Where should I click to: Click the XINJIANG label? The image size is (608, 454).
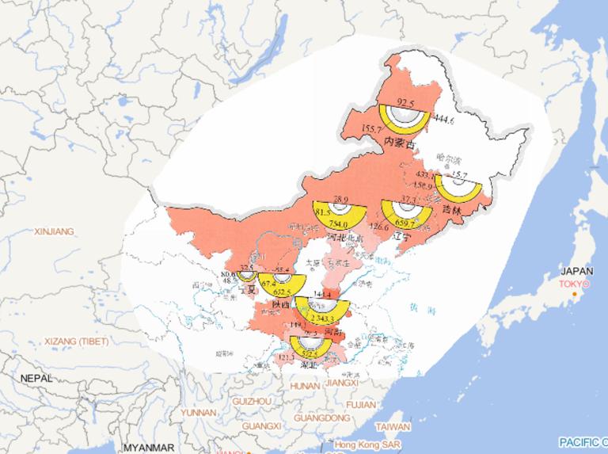[54, 231]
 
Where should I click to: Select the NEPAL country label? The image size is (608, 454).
[36, 379]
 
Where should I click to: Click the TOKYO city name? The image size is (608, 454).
[576, 284]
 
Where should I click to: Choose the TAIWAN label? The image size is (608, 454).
[393, 425]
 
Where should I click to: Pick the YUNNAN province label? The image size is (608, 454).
[198, 413]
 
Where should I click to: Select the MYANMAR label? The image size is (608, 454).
[149, 448]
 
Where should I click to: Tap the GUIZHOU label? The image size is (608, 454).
[251, 402]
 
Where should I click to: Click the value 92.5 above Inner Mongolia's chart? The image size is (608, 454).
[405, 103]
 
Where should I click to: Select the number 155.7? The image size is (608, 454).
[372, 128]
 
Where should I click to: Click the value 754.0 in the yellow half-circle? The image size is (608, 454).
[333, 224]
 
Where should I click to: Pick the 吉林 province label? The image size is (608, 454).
[451, 210]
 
